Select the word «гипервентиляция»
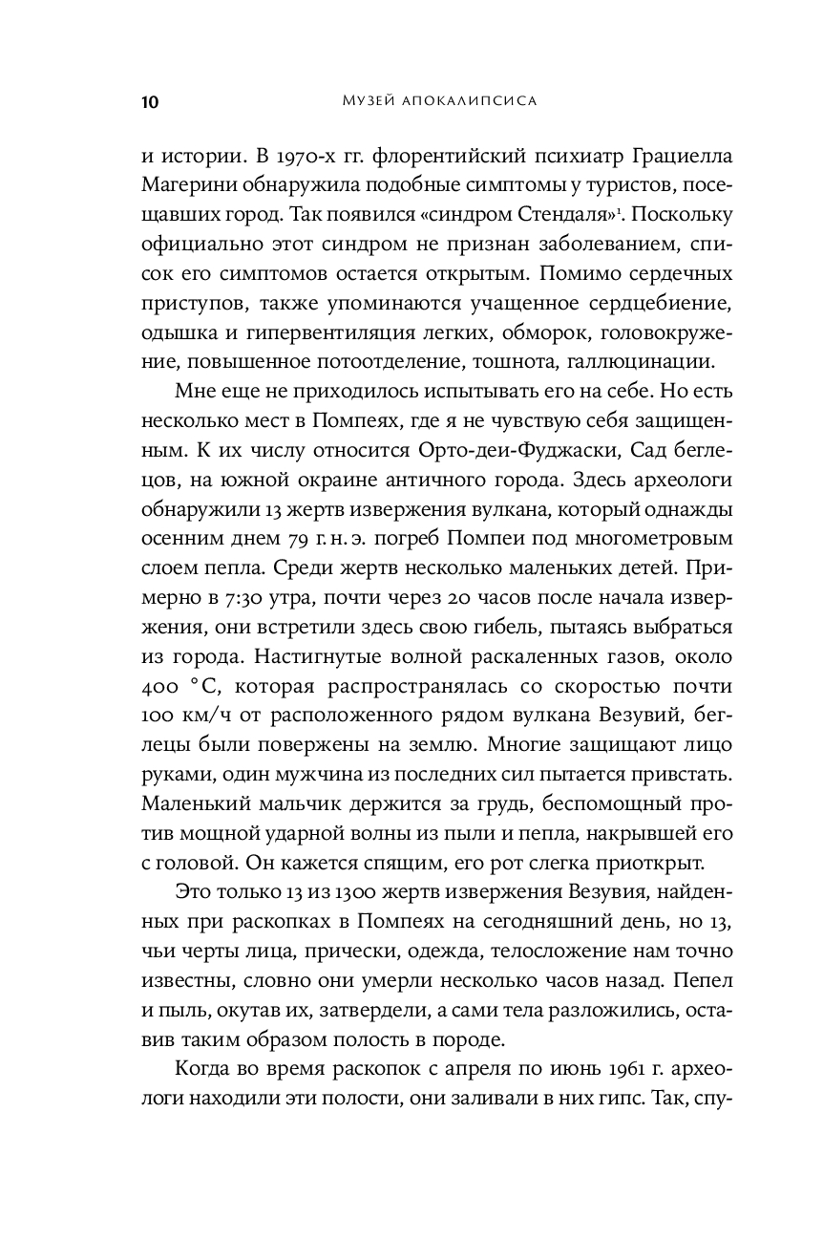click(x=309, y=333)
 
